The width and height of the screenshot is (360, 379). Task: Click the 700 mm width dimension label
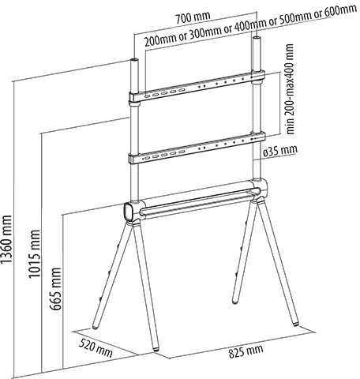tap(193, 17)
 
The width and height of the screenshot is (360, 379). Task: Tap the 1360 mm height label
tap(6, 239)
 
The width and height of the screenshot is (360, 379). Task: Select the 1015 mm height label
tap(35, 254)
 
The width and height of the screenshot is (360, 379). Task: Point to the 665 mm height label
tap(56, 289)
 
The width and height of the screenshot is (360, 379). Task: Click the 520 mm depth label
tap(96, 348)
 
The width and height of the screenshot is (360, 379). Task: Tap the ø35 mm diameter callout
tap(280, 151)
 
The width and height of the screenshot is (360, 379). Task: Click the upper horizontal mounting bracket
tap(197, 86)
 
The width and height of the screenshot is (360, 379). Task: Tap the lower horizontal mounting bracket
tap(197, 148)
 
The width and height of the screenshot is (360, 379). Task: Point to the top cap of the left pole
tap(134, 60)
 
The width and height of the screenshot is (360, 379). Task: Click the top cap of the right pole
tap(257, 38)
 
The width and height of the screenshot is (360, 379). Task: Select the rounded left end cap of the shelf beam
tap(128, 212)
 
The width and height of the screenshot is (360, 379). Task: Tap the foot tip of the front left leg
tap(156, 349)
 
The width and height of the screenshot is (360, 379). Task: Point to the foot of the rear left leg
tap(96, 327)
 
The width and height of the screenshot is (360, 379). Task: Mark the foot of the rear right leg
tap(234, 302)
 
